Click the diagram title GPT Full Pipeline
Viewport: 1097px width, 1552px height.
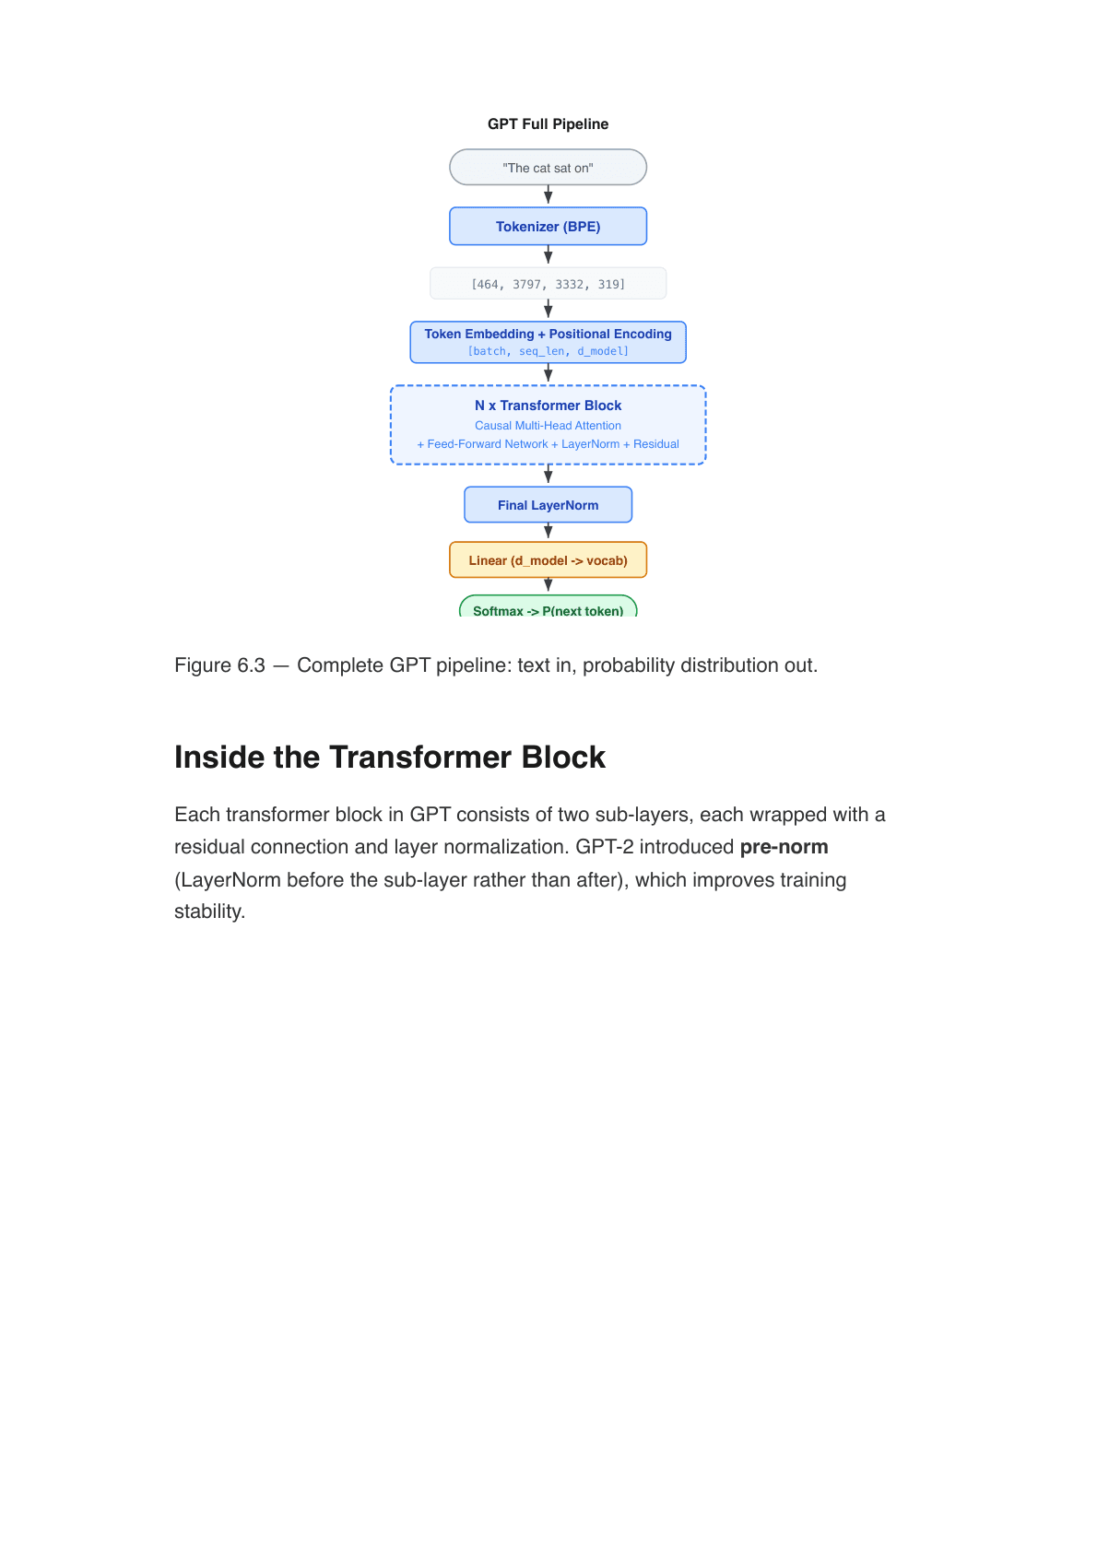pyautogui.click(x=548, y=123)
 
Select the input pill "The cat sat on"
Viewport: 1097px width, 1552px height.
pyautogui.click(x=548, y=168)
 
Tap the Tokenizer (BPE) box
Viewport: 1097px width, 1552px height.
pyautogui.click(x=548, y=227)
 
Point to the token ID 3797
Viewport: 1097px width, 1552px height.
pyautogui.click(x=526, y=284)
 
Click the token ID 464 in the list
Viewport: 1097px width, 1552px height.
pyautogui.click(x=486, y=284)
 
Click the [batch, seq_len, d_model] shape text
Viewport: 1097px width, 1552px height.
pyautogui.click(x=548, y=351)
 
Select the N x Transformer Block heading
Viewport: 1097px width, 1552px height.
pyautogui.click(x=548, y=406)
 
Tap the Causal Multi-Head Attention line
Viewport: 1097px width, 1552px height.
pyautogui.click(x=548, y=426)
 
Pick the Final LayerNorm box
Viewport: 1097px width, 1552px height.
pyautogui.click(x=548, y=505)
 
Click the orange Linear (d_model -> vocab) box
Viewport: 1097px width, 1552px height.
pyautogui.click(x=548, y=560)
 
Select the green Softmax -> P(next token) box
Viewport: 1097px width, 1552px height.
pyautogui.click(x=548, y=608)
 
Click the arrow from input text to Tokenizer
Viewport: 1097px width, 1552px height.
pyautogui.click(x=548, y=195)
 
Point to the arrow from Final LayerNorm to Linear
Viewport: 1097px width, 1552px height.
pyautogui.click(x=548, y=532)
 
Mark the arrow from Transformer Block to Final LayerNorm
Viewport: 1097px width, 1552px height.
pyautogui.click(x=548, y=476)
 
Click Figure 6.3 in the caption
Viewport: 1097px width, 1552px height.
pyautogui.click(x=219, y=665)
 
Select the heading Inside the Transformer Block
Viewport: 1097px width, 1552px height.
pyautogui.click(x=389, y=758)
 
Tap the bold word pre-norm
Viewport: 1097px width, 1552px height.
pyautogui.click(x=784, y=847)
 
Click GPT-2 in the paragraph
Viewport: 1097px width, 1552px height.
pyautogui.click(x=605, y=847)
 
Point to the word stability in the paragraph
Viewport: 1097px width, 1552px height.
pyautogui.click(x=208, y=911)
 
